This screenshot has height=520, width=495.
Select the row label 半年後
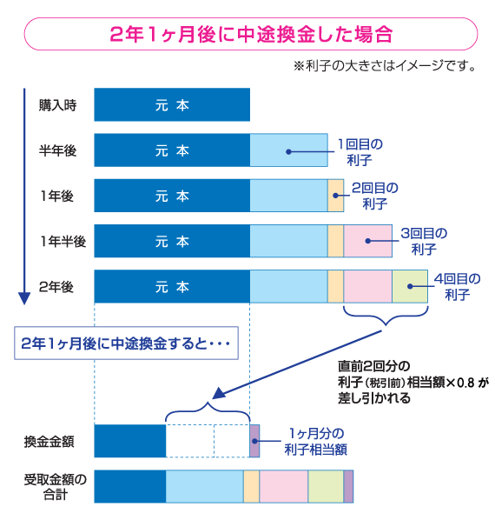tap(57, 150)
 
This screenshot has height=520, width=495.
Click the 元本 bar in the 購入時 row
tap(172, 105)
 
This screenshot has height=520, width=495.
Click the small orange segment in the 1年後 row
tap(336, 196)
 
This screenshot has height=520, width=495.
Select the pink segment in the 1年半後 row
tap(367, 241)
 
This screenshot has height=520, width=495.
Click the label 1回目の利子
tap(360, 150)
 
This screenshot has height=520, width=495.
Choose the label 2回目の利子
tap(374, 196)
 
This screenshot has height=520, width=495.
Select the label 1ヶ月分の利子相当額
tap(315, 441)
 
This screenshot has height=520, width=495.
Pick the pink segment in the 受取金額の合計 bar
tap(284, 486)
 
